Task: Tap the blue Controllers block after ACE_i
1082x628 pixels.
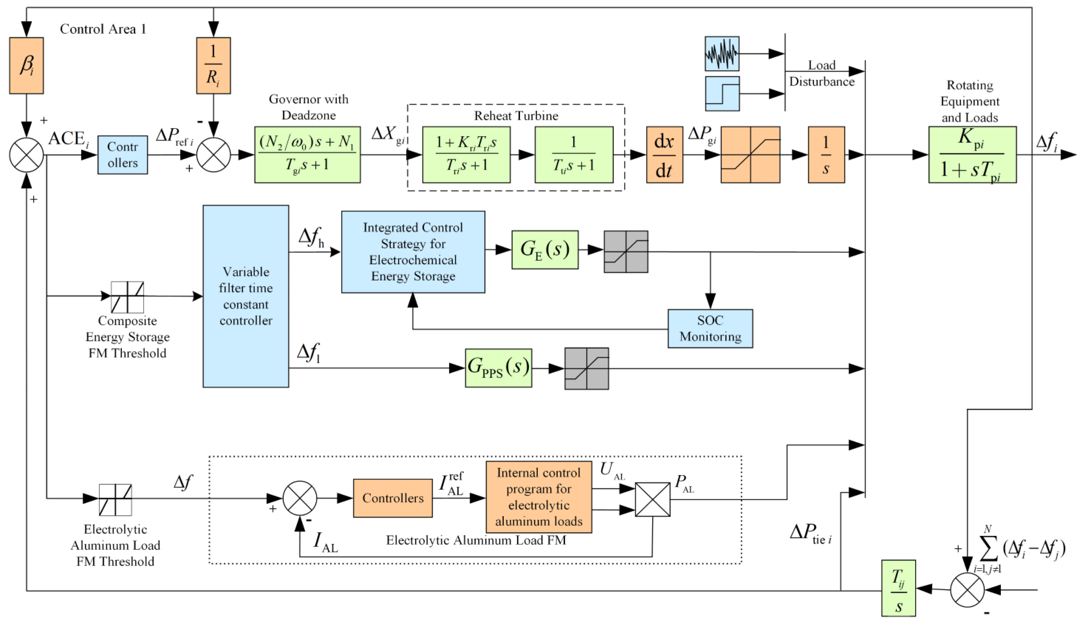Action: coord(122,155)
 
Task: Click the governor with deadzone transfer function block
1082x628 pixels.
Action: coord(307,155)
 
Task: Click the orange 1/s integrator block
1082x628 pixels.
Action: coord(826,155)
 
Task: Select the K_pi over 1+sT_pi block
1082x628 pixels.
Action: coord(973,155)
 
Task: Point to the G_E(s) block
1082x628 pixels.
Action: coord(545,250)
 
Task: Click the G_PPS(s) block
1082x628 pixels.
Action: coord(498,368)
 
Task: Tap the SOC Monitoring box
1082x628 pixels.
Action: coord(710,328)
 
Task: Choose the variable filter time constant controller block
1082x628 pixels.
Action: coord(246,296)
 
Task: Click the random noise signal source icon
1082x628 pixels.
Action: coord(722,54)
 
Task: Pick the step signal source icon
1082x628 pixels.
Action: coord(722,93)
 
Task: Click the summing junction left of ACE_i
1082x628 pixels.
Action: coord(26,155)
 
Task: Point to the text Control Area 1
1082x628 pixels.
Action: coord(103,29)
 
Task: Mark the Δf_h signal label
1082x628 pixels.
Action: coord(311,237)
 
